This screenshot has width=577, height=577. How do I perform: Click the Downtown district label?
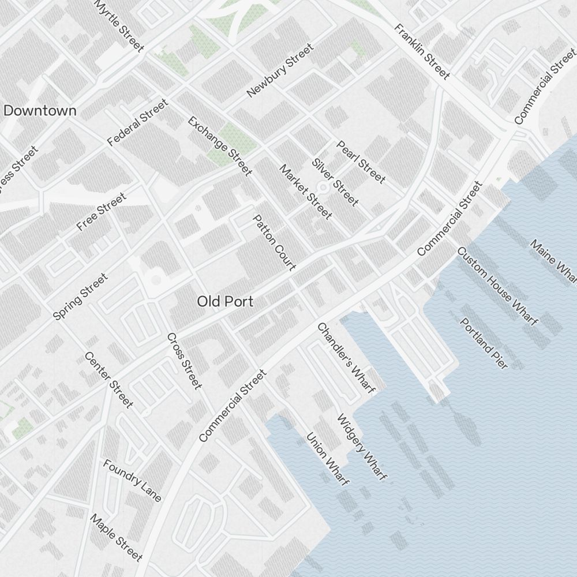click(x=40, y=111)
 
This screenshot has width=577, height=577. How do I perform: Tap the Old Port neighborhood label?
click(x=225, y=301)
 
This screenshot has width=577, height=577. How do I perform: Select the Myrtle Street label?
click(x=119, y=26)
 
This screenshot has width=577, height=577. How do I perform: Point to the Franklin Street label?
click(x=422, y=51)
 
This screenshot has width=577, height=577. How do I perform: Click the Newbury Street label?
click(x=279, y=71)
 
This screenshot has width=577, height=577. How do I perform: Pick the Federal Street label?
click(x=137, y=122)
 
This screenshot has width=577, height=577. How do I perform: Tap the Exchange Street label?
click(x=220, y=146)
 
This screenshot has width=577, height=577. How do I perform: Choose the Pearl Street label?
click(x=361, y=162)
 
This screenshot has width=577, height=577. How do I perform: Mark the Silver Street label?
click(x=335, y=181)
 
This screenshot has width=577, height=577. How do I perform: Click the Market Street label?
click(x=306, y=192)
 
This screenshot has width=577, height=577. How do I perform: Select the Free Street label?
click(x=101, y=212)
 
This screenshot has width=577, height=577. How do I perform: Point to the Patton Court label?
click(x=275, y=242)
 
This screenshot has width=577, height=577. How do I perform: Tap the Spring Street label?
click(x=80, y=297)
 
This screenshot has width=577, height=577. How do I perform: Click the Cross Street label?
click(x=184, y=361)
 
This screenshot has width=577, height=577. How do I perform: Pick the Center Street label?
click(x=109, y=379)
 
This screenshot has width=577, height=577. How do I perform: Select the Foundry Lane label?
click(x=133, y=480)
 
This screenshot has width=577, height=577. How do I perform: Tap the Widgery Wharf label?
click(x=362, y=447)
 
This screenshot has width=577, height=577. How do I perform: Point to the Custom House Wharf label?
click(x=497, y=286)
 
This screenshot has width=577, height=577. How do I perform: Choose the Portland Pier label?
click(x=484, y=343)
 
